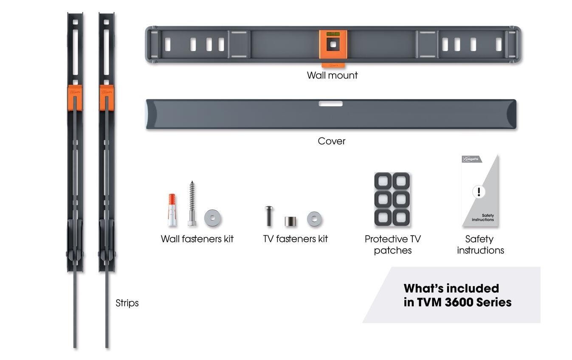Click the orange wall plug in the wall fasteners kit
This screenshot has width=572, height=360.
[172, 209]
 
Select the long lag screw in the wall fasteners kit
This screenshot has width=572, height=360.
[192, 204]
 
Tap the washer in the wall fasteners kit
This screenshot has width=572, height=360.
[212, 218]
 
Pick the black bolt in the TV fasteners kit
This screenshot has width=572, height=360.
[269, 216]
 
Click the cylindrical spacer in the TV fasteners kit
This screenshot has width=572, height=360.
[290, 221]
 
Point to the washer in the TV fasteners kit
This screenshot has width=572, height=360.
[314, 219]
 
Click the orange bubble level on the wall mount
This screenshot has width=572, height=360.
[333, 34]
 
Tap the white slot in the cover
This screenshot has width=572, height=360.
[330, 104]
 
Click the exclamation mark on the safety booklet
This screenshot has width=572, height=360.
[479, 192]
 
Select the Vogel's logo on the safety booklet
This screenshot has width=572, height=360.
[472, 159]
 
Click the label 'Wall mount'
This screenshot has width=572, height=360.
[332, 76]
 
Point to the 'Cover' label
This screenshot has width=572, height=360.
[331, 141]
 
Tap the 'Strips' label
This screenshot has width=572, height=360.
[127, 303]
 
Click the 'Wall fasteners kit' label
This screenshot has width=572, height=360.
[197, 239]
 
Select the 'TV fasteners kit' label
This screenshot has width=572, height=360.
[296, 239]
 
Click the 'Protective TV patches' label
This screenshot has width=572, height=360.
[392, 245]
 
